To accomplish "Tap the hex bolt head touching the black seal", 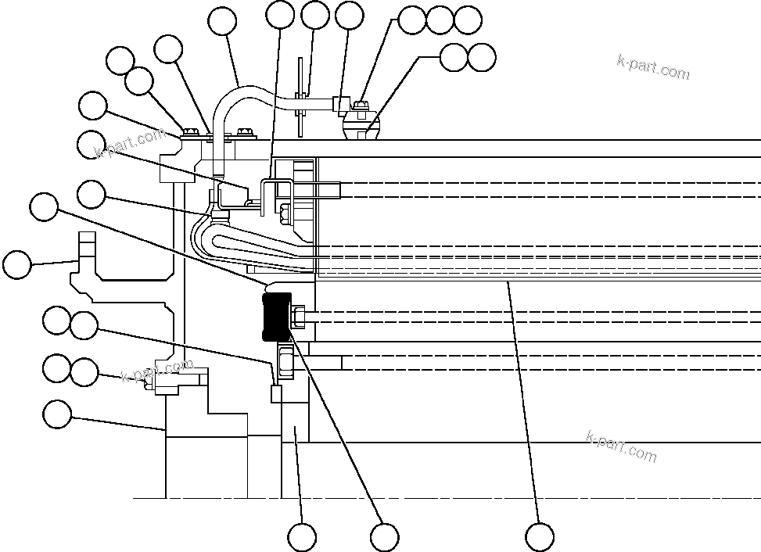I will point(299,317).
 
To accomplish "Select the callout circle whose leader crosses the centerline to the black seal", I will point(384,537).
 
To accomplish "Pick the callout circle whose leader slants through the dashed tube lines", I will point(539,537).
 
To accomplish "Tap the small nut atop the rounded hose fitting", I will point(361,104).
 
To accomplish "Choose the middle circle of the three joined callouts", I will point(440,20).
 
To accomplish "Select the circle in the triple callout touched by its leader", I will point(411,20).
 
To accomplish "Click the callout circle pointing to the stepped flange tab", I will point(17,264).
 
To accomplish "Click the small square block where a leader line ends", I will point(275,393).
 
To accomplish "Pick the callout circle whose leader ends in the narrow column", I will point(302,537).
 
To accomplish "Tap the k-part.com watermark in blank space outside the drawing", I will point(653,68).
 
